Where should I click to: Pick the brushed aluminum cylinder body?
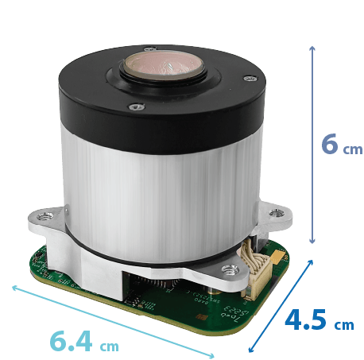159,175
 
